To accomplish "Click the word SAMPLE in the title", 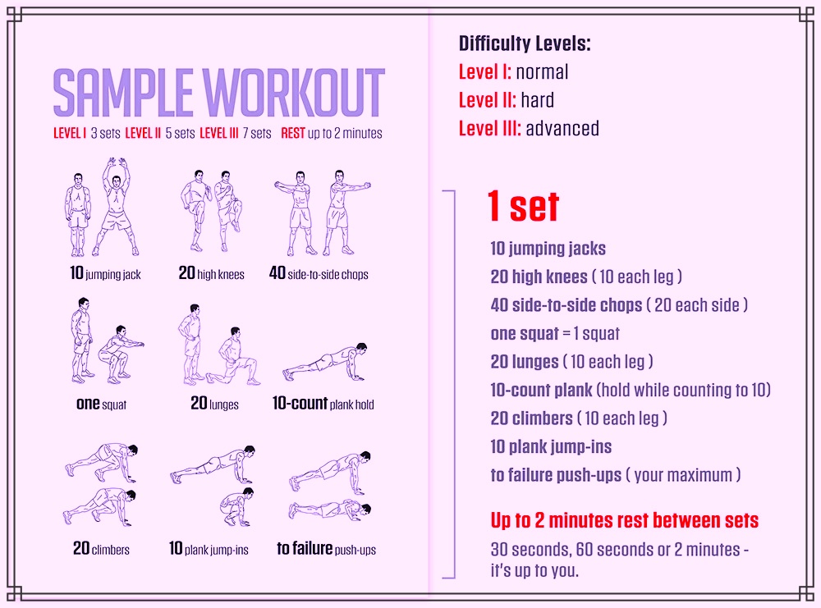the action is pos(123,93).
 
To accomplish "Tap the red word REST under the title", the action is pos(293,134).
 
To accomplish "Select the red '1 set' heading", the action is pos(523,206).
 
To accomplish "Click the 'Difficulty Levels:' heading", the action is pos(525,43).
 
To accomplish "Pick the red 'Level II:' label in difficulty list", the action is pos(487,100).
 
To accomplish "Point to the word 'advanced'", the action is pos(562,128).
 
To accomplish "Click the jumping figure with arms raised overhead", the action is pos(116,207).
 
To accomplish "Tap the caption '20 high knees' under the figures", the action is pos(212,273).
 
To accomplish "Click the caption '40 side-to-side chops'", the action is pos(319,273).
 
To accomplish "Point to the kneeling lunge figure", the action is pos(233,357).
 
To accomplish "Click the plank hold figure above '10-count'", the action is pos(324,362).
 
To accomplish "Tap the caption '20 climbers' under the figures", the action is pos(101,548).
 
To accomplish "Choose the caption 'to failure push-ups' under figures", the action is pos(326,548).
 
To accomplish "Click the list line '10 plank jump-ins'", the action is pos(551,447).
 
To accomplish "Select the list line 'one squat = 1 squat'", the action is pos(555,333).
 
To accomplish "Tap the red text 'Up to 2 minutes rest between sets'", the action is pos(625,521).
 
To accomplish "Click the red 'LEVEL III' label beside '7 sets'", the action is pos(219,134).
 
